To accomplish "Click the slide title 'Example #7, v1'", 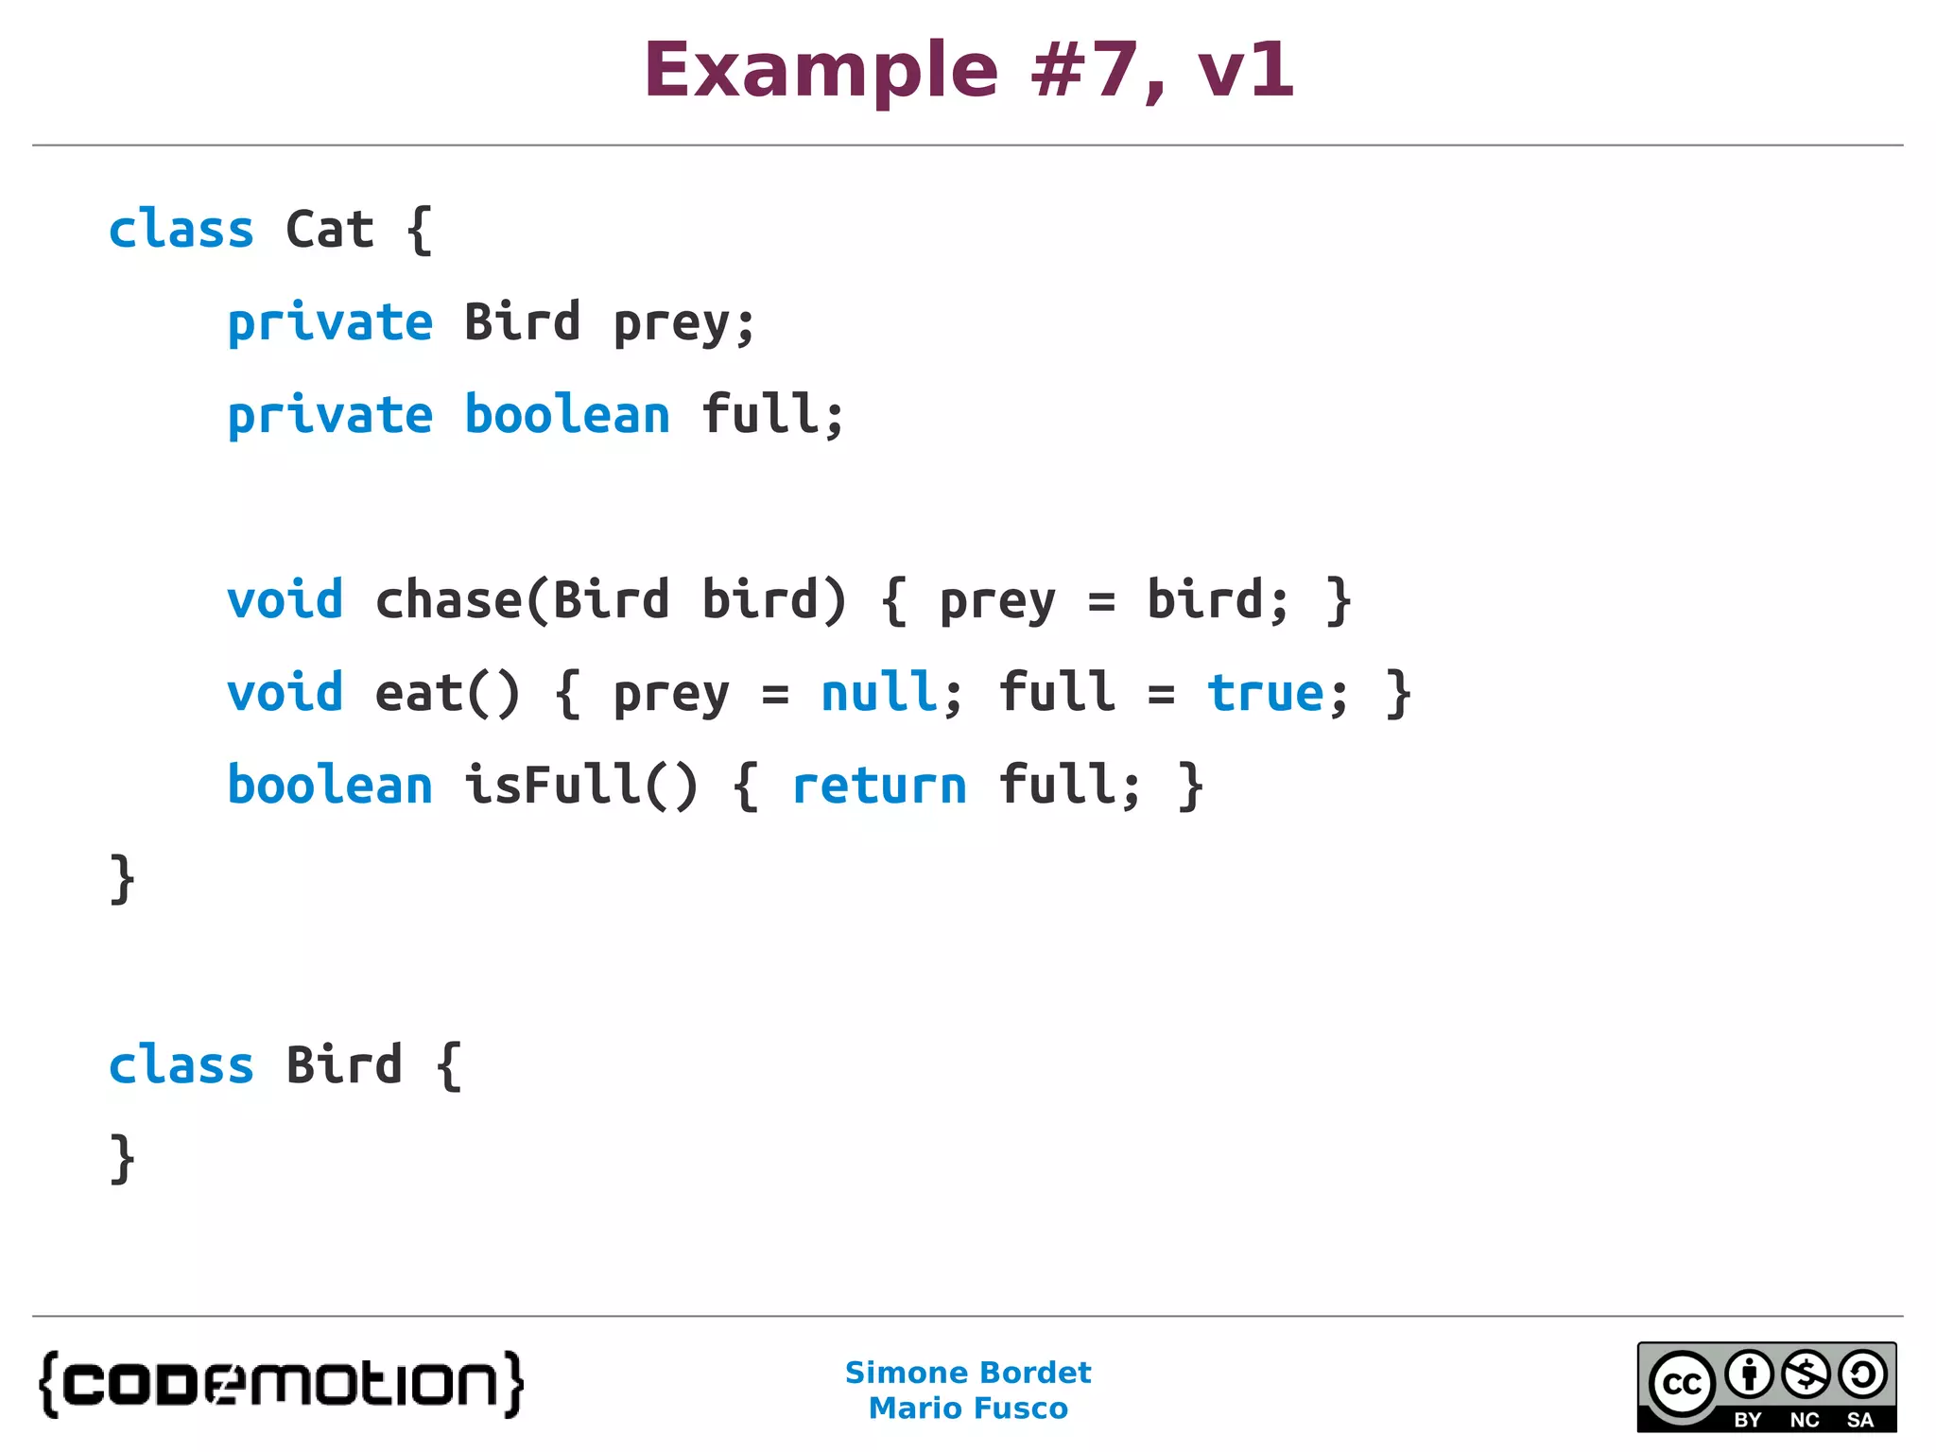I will pos(968,71).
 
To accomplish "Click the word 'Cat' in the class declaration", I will pos(330,230).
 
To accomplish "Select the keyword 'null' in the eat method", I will pos(879,692).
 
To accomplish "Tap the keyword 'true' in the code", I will pos(1265,693).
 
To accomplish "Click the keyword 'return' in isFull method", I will pos(879,786).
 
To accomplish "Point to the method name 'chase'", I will pos(448,599).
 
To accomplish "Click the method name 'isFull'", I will pos(553,785).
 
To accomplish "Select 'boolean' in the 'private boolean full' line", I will pos(567,415).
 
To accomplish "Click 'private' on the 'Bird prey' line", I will pos(330,322).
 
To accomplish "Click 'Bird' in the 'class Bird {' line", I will pos(344,1065).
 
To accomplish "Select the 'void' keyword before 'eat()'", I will pos(285,692).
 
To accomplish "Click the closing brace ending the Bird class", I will pos(123,1158).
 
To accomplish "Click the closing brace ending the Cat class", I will pos(123,879).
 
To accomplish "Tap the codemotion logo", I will pos(281,1384).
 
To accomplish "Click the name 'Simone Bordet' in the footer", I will pos(968,1373).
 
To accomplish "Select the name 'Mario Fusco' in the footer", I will pos(968,1409).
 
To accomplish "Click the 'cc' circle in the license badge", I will pos(1682,1384).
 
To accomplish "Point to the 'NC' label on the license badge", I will pos(1805,1420).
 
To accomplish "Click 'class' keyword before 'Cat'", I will pos(181,230).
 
